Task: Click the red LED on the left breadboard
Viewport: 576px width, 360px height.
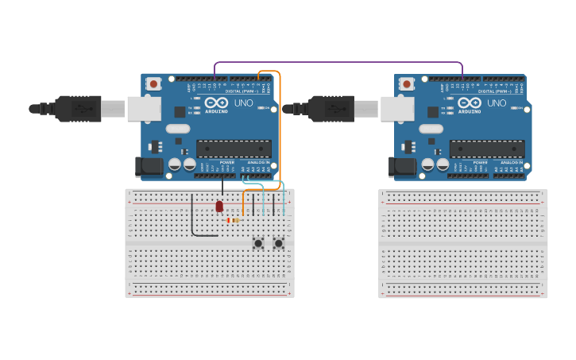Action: click(x=219, y=206)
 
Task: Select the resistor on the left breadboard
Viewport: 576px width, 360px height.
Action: click(x=234, y=220)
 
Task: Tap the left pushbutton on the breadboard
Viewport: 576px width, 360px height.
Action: click(x=257, y=243)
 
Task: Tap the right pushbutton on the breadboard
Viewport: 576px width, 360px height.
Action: click(x=279, y=243)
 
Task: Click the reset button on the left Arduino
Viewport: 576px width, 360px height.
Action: click(x=153, y=83)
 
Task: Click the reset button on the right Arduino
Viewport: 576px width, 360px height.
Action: click(x=407, y=83)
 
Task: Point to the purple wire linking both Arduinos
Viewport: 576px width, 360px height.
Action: click(x=338, y=62)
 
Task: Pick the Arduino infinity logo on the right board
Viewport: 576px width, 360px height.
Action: click(x=470, y=103)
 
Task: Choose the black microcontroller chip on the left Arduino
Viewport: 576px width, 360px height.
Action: click(x=234, y=148)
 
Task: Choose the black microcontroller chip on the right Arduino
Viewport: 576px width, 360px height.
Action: click(x=487, y=148)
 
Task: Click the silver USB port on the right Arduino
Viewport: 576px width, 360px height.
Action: click(x=396, y=109)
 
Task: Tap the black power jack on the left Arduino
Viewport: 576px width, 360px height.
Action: click(x=148, y=166)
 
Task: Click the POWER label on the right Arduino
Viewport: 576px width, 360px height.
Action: click(x=480, y=162)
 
